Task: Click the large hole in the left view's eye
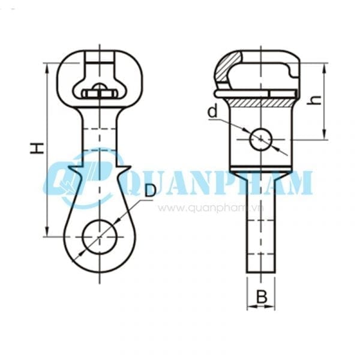coord(100,236)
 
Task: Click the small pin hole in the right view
coord(260,139)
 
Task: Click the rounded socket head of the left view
coord(100,78)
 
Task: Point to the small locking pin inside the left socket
coord(100,92)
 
